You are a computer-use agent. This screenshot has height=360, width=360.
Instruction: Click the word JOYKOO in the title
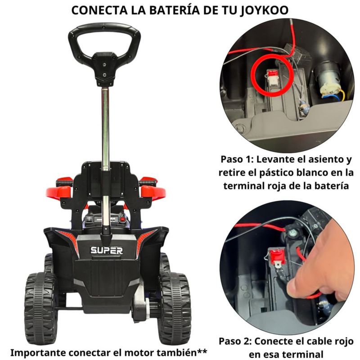(264, 10)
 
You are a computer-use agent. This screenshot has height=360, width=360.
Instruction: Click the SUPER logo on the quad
(107, 251)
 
